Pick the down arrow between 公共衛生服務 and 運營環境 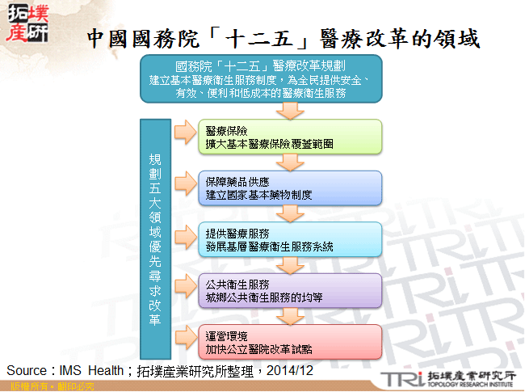click(x=288, y=316)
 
